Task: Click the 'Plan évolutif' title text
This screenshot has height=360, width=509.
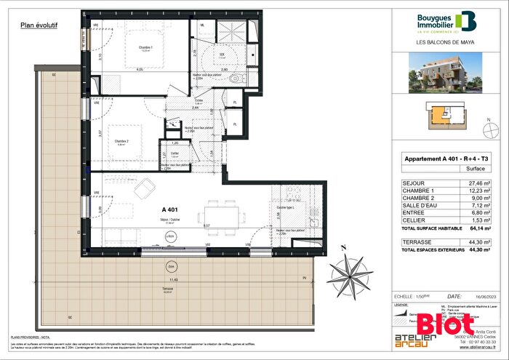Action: click(x=39, y=25)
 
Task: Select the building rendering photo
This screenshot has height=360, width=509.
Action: click(x=446, y=75)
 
